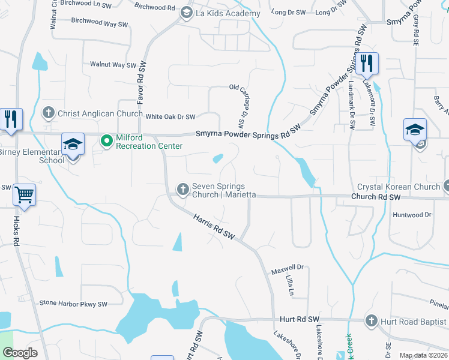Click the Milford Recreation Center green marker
coord(107,141)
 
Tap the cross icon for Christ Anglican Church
coord(49,113)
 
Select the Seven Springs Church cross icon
coord(182,190)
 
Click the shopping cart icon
coord(25,194)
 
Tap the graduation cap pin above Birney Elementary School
coord(73,145)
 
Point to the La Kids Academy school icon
coord(186,13)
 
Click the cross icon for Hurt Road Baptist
coord(372,322)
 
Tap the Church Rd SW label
coord(376,197)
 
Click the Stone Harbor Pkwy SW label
coord(73,304)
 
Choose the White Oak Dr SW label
coord(171,116)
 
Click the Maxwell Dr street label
coord(288,268)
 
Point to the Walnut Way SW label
coord(113,65)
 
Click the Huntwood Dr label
coord(412,214)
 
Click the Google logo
coord(20,353)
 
